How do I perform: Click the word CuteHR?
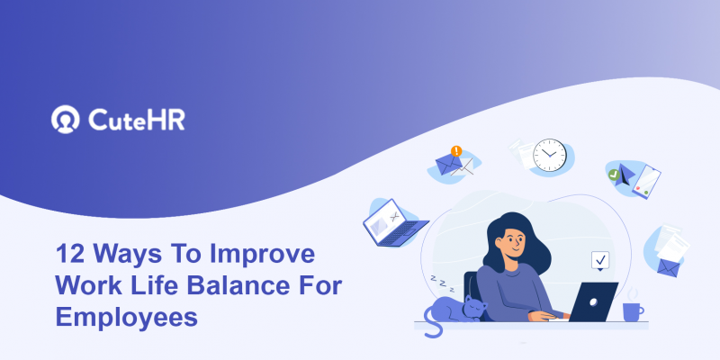[137, 121]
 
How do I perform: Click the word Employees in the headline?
[126, 317]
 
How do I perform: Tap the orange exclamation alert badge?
[456, 151]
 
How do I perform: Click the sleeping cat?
[459, 310]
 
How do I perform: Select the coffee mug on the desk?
[633, 310]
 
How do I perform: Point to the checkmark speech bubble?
[600, 261]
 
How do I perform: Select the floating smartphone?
[645, 182]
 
